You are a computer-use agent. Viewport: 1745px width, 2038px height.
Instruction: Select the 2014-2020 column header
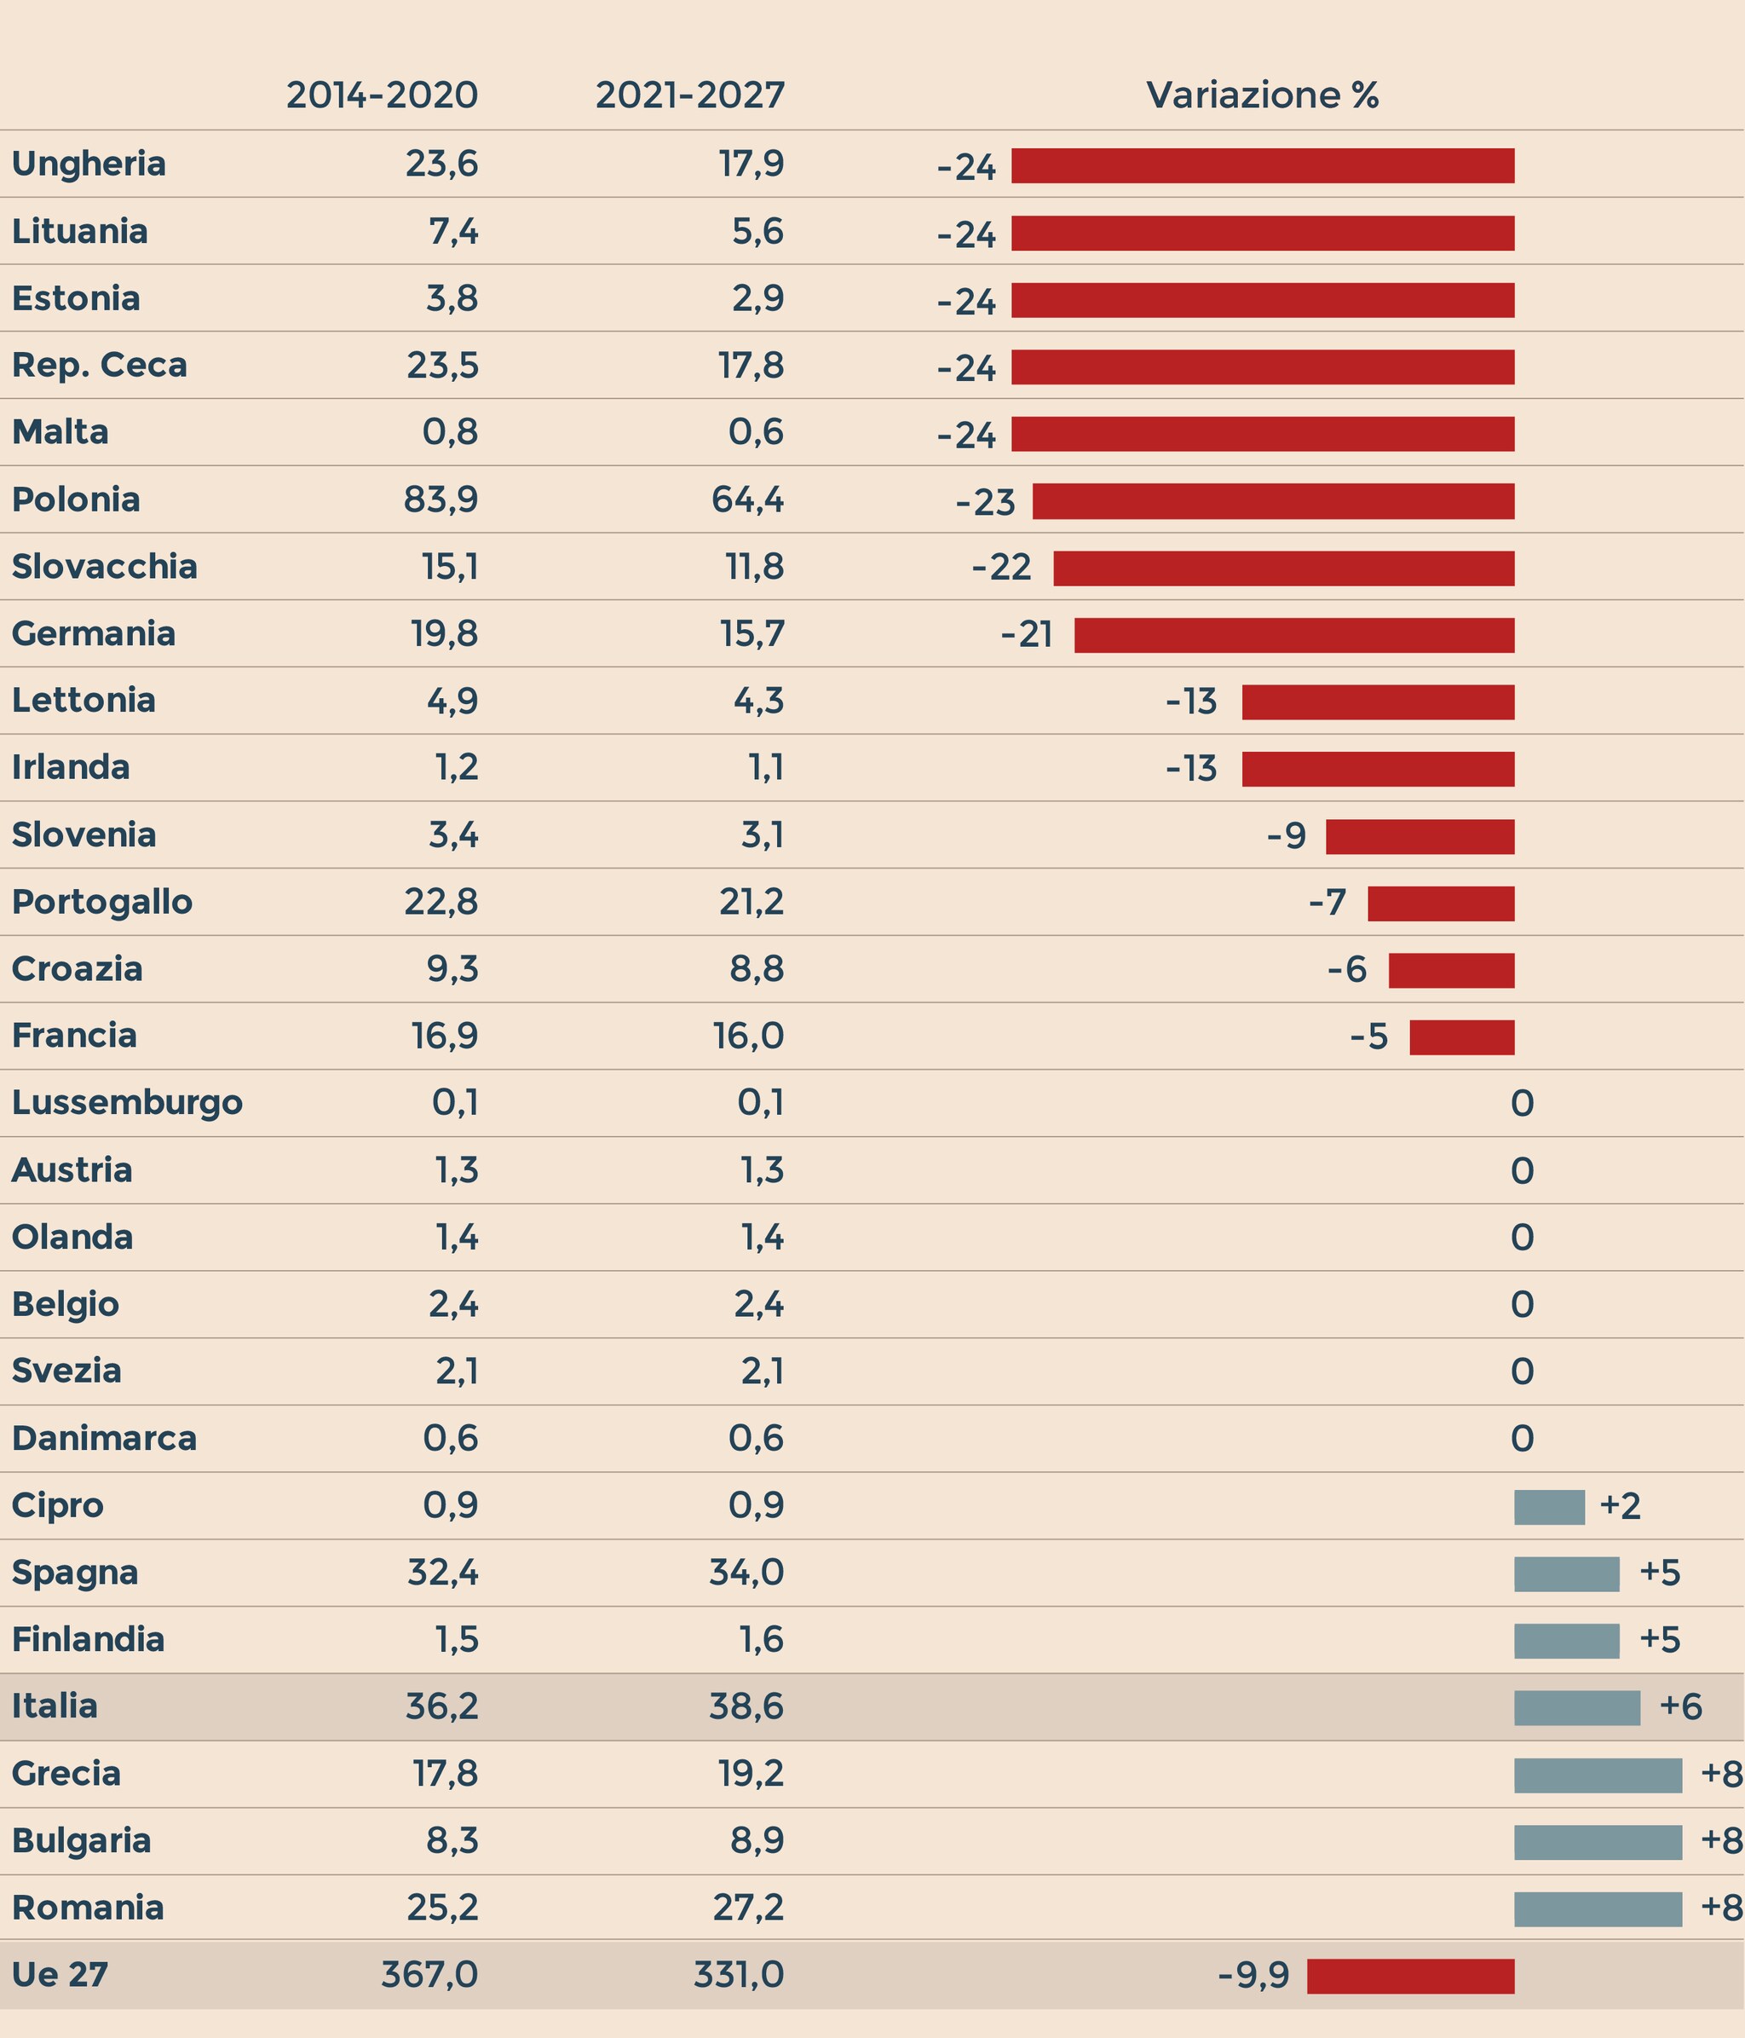tap(383, 95)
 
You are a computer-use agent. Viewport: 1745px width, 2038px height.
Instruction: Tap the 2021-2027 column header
tap(690, 95)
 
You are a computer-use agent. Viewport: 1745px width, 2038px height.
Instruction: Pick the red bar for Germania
tap(1293, 635)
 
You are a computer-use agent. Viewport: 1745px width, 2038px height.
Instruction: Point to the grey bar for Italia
tap(1577, 1707)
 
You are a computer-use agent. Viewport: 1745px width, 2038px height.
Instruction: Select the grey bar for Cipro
tap(1549, 1507)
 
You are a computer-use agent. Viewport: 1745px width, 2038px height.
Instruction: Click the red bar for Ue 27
tap(1411, 1976)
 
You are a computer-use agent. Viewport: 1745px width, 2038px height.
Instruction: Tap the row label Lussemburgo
tap(127, 1103)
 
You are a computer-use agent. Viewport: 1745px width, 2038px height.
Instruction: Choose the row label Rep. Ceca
tap(100, 366)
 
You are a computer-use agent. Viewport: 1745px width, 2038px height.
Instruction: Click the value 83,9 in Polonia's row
tap(441, 500)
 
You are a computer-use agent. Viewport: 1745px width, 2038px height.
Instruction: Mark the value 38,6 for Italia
tap(746, 1706)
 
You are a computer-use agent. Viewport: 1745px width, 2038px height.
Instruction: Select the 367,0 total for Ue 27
tap(429, 1975)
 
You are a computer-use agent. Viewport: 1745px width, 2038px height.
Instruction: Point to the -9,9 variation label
tap(1253, 1976)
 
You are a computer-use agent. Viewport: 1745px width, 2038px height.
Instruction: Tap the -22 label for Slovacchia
tap(1002, 569)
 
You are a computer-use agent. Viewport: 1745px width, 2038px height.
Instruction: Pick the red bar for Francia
tap(1462, 1037)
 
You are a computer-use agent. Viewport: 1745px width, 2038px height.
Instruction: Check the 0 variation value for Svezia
tap(1522, 1372)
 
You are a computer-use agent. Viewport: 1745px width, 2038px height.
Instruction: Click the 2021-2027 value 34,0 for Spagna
tap(746, 1573)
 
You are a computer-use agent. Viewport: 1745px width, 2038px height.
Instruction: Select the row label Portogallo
tap(102, 902)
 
